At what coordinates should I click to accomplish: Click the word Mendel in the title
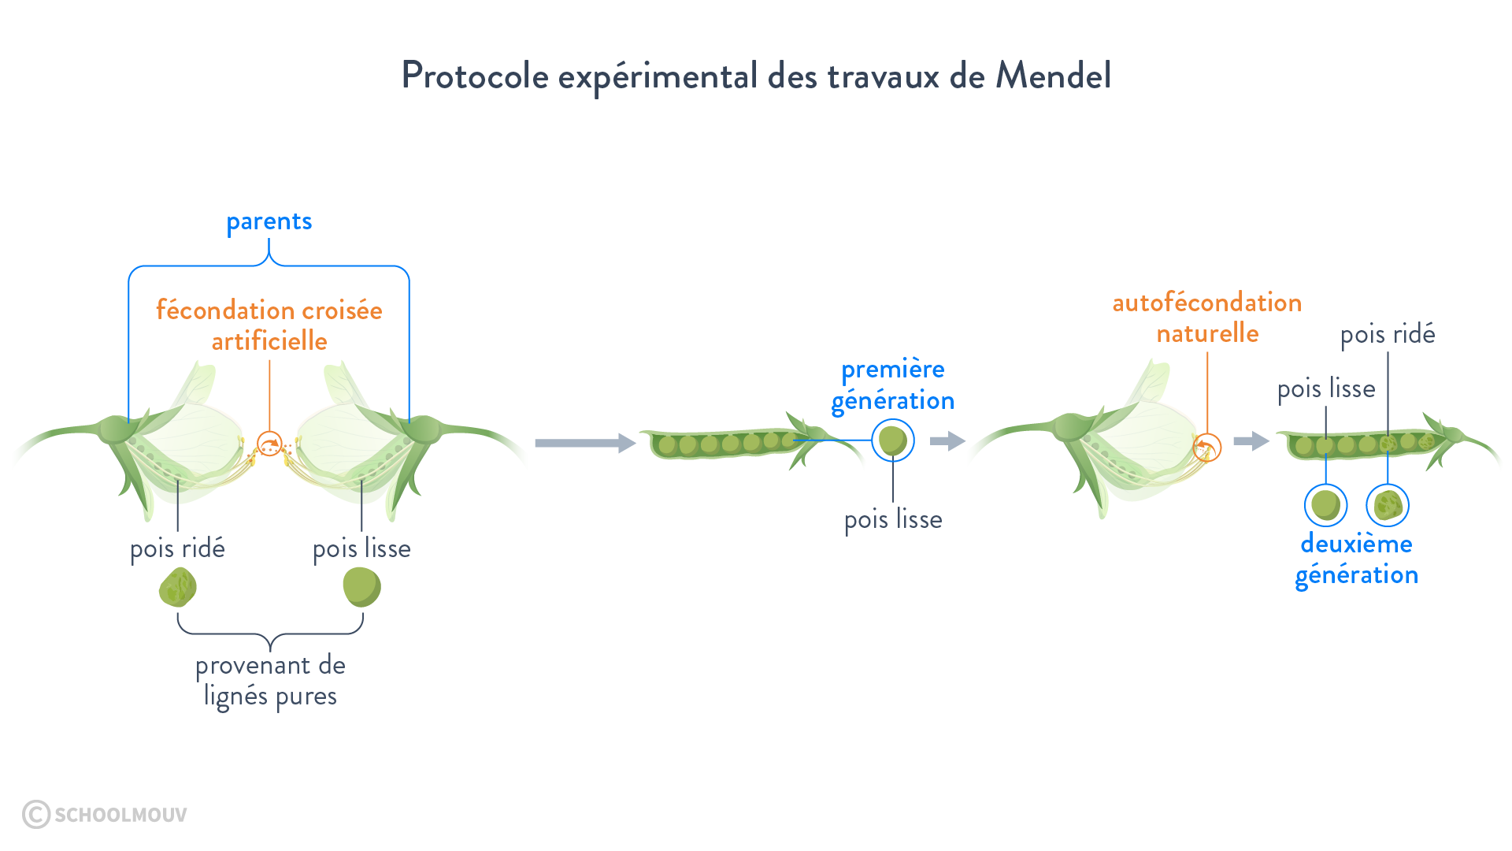(x=1053, y=76)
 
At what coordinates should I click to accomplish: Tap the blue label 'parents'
(x=269, y=222)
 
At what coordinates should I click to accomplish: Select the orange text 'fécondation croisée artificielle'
(x=269, y=325)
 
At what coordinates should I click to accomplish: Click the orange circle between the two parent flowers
(x=269, y=444)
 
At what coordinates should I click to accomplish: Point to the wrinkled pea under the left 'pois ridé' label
(x=177, y=588)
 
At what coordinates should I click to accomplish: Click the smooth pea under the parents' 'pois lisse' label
(x=361, y=588)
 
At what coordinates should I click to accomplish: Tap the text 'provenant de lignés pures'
(x=270, y=681)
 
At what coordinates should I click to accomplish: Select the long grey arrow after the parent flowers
(x=584, y=443)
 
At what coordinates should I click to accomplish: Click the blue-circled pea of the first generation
(x=892, y=440)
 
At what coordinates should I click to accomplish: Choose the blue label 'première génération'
(x=893, y=385)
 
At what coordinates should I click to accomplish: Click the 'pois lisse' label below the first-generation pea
(x=893, y=520)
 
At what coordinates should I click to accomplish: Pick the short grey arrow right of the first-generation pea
(x=947, y=440)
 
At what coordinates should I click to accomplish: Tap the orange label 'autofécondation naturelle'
(x=1206, y=318)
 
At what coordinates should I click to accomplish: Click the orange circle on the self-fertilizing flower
(x=1206, y=448)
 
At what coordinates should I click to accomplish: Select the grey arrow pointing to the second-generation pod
(x=1251, y=440)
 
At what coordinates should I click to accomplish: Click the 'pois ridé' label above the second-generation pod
(x=1388, y=335)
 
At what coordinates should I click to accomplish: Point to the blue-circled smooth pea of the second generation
(x=1325, y=505)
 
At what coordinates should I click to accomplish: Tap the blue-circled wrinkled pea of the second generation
(x=1388, y=505)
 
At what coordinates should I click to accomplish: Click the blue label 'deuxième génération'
(x=1356, y=559)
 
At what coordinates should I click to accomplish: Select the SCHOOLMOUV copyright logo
(x=105, y=814)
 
